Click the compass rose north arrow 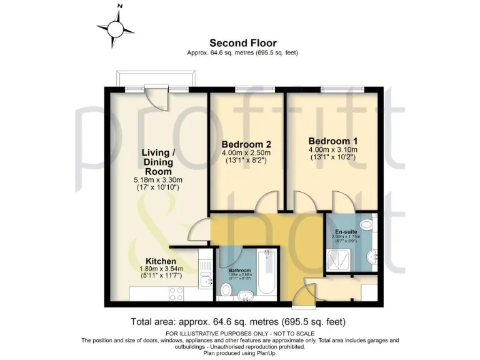coord(116,28)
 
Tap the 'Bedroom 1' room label coord(332,141)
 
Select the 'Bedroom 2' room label coord(246,144)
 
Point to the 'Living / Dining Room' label coord(157,161)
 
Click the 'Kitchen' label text coord(161,261)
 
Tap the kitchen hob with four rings coord(175,292)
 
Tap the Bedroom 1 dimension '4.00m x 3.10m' coord(332,150)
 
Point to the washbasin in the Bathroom coord(242,292)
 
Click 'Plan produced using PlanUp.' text coord(240,352)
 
